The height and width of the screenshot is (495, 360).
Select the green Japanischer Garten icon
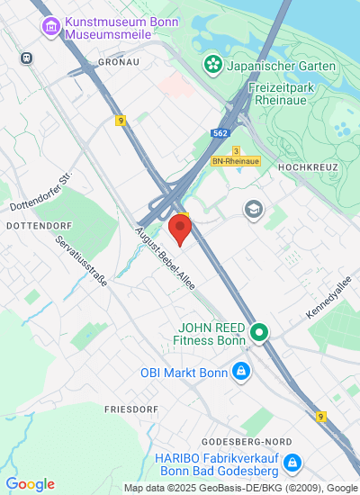212,64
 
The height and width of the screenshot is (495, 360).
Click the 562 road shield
220,132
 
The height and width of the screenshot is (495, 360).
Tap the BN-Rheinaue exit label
236,161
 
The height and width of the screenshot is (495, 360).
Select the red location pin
180,228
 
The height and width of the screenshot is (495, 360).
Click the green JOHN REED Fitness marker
259,334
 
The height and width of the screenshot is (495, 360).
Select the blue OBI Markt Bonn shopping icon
240,371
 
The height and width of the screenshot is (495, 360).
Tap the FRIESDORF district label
130,409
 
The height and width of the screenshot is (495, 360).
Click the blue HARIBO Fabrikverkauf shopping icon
292,463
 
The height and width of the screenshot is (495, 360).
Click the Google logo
30,484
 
